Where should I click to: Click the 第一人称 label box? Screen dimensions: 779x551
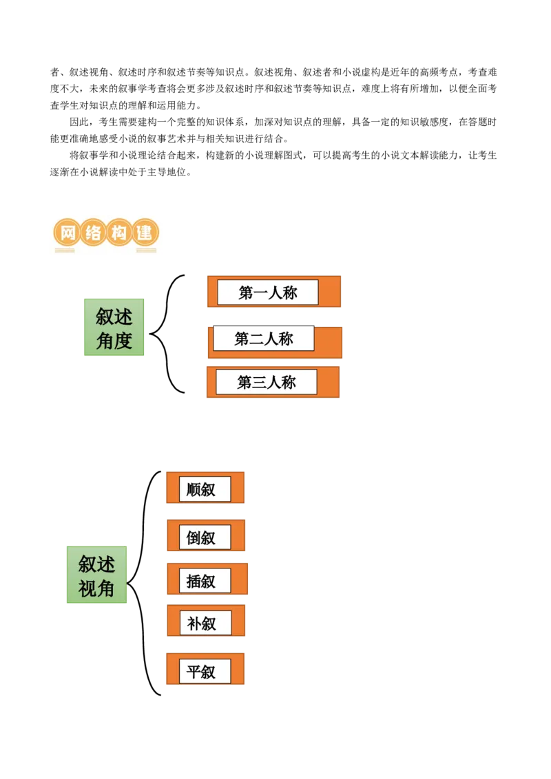268,292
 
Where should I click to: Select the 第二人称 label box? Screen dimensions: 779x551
264,339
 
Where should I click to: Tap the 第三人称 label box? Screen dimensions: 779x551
267,382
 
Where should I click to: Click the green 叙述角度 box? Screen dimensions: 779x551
114,328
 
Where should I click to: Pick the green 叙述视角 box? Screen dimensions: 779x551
97,575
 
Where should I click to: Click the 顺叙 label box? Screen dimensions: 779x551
205,489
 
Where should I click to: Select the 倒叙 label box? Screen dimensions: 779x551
205,537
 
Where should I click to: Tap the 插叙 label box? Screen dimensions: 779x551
205,581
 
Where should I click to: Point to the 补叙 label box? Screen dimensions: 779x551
205,623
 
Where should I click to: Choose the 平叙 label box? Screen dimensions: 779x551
205,672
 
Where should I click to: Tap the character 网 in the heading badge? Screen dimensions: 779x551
67,233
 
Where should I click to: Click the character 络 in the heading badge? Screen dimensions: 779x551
93,233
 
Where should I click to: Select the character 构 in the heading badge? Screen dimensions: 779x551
118,233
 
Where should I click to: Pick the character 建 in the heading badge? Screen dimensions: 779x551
144,233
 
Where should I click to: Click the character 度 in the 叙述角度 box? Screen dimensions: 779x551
123,340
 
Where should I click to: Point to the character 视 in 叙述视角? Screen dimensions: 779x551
87,588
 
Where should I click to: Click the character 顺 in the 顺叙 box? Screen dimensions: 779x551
194,489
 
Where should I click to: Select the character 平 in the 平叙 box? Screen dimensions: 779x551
194,672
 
